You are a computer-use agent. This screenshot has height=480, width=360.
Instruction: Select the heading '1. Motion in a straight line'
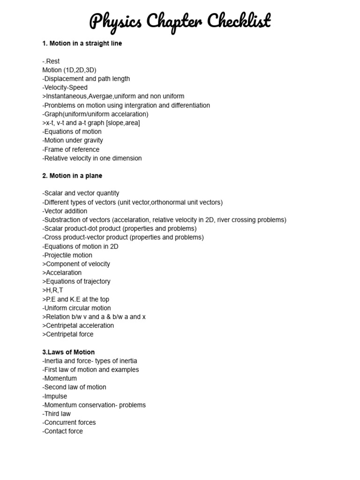pyautogui.click(x=82, y=44)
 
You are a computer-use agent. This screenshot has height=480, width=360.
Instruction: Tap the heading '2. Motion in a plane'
pyautogui.click(x=72, y=176)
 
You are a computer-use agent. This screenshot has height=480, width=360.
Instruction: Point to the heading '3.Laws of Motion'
pyautogui.click(x=68, y=352)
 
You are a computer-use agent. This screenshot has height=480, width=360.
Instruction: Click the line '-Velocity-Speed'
pyautogui.click(x=65, y=88)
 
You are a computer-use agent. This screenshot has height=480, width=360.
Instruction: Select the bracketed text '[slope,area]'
pyautogui.click(x=123, y=123)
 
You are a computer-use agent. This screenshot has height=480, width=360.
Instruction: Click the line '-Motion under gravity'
pyautogui.click(x=73, y=140)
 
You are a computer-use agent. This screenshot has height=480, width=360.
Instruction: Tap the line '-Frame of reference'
pyautogui.click(x=71, y=150)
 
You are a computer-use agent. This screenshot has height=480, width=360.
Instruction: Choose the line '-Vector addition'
pyautogui.click(x=65, y=211)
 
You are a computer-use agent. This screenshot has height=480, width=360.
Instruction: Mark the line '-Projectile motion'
pyautogui.click(x=67, y=255)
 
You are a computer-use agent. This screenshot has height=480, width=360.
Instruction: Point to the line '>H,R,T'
pyautogui.click(x=52, y=290)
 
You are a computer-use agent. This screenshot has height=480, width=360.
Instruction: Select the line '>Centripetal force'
pyautogui.click(x=68, y=334)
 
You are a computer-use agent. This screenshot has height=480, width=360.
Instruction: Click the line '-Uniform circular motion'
pyautogui.click(x=76, y=308)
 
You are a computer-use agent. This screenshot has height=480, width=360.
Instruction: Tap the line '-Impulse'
pyautogui.click(x=55, y=396)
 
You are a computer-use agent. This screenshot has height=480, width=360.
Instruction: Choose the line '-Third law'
pyautogui.click(x=58, y=413)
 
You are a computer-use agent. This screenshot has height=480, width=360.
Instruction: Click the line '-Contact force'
pyautogui.click(x=62, y=431)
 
